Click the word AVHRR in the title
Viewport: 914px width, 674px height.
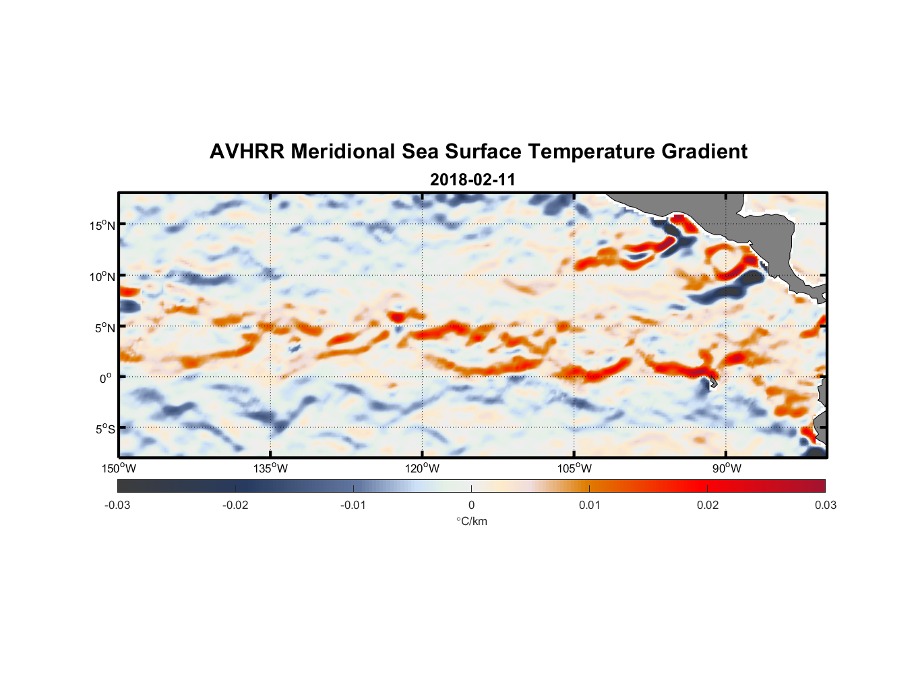coord(246,152)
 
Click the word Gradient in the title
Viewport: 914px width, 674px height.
coord(704,152)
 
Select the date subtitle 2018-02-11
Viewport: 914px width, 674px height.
coord(473,180)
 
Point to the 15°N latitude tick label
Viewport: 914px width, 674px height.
coord(102,225)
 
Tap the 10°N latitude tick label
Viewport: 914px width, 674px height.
coord(102,276)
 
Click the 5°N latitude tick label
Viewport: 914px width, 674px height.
coord(104,328)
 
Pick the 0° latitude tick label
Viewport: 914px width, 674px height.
coord(106,378)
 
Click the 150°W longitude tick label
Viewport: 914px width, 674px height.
coord(119,468)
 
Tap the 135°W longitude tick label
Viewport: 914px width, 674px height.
coord(271,468)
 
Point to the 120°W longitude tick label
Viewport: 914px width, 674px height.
coord(423,468)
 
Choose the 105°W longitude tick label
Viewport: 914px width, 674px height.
coord(574,468)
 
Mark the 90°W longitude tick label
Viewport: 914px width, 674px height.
coord(727,468)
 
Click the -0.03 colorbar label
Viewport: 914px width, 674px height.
coord(117,505)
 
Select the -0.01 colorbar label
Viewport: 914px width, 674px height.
coord(353,505)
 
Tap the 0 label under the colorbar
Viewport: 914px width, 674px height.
coord(471,505)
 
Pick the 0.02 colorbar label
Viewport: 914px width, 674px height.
coord(708,505)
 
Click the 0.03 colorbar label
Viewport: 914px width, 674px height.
coord(825,505)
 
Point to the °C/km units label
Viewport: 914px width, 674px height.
coord(471,521)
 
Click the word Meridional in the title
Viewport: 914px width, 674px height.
coord(343,152)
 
